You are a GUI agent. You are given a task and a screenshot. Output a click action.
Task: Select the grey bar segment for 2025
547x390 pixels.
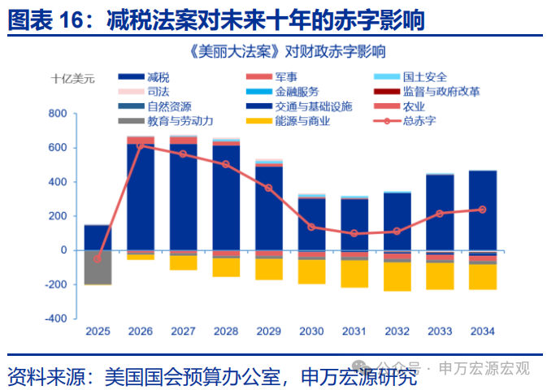[98, 266]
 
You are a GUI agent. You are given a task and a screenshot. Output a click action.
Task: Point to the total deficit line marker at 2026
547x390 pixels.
[141, 146]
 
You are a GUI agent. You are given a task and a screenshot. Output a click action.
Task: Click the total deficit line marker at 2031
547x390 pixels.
[354, 233]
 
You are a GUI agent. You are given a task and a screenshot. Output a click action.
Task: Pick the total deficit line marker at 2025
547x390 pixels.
[98, 258]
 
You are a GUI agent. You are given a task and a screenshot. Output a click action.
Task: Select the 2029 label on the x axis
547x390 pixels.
[269, 331]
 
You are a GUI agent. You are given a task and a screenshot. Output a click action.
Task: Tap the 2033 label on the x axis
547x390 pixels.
[440, 331]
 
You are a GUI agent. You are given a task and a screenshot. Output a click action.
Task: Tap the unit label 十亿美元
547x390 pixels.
[72, 78]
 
